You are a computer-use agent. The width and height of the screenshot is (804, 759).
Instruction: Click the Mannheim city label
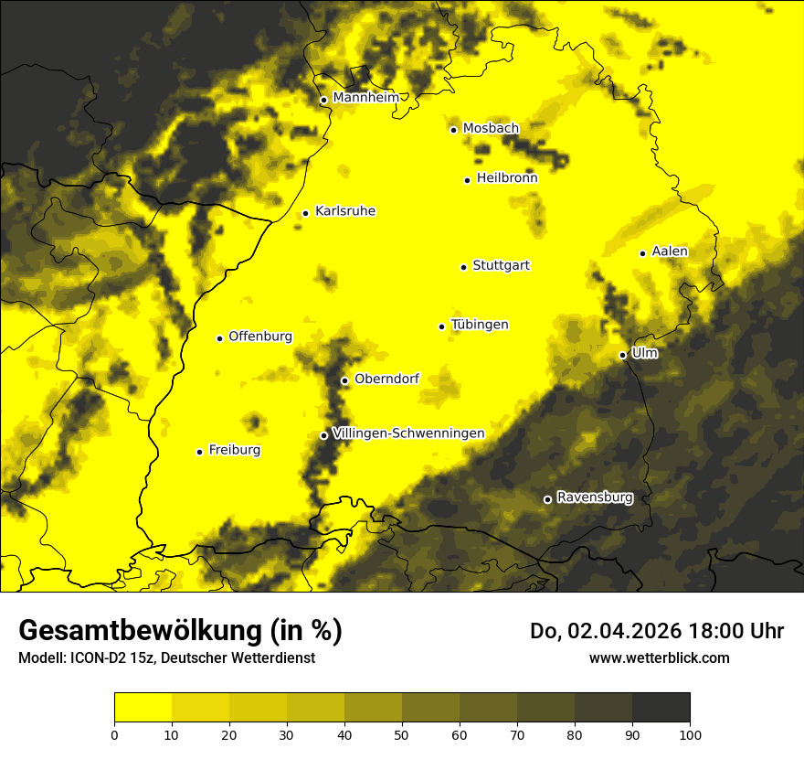[365, 98]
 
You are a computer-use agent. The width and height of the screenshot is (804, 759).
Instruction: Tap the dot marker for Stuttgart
[464, 267]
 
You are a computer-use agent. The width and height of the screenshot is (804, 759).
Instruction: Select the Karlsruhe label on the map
[344, 211]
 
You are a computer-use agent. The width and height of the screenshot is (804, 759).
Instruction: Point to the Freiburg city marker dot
[200, 452]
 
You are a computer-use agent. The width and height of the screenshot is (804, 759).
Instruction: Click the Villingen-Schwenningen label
[408, 433]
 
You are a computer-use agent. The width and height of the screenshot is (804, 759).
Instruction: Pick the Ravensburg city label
[594, 497]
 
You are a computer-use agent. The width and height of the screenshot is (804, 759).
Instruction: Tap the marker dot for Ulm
[623, 355]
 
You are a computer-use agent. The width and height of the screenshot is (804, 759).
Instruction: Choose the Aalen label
[670, 251]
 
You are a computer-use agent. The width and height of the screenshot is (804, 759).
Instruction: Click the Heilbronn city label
[507, 178]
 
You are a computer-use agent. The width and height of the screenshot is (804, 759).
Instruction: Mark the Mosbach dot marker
[454, 130]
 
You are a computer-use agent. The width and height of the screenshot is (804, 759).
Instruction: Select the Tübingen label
[480, 325]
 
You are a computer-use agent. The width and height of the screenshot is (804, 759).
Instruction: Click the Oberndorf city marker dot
[344, 380]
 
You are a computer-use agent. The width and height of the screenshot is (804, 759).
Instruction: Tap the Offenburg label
[260, 337]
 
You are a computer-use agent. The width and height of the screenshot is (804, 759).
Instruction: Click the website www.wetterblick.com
[660, 657]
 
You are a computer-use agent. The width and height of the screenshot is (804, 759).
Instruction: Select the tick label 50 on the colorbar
[402, 734]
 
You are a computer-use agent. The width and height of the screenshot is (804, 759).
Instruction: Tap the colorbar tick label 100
[690, 734]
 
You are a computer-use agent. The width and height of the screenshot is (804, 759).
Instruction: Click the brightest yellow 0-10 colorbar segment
[143, 707]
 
